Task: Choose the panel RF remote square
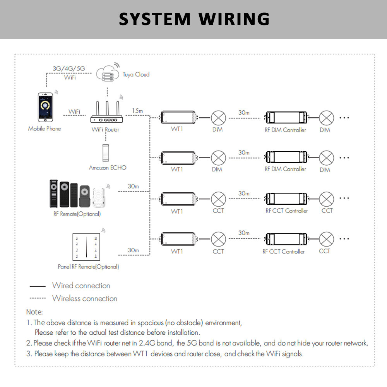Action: pos(86,248)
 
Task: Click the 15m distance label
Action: pos(138,111)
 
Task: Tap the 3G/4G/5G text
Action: pos(68,69)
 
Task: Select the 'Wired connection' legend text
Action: pos(81,286)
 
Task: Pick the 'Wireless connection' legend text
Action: pos(85,298)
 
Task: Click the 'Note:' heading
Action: pos(34,312)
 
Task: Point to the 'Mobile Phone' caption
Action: pos(45,128)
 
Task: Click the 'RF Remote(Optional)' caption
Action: pos(77,214)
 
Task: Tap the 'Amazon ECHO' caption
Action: pos(108,168)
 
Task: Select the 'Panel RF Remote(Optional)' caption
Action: pos(88,267)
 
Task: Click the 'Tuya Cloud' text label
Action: pos(136,74)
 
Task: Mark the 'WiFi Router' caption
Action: pos(105,129)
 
